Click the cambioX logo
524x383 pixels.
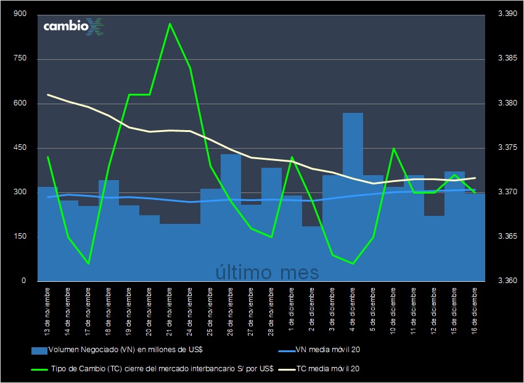coord(73,27)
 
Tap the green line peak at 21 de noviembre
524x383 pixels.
coord(170,24)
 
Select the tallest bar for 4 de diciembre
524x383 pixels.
coord(353,197)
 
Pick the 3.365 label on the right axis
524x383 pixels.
coord(507,237)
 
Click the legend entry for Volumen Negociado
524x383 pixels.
coord(117,350)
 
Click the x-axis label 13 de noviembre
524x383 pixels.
coord(47,311)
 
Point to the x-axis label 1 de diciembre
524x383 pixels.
coord(292,308)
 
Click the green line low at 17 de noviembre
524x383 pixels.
coord(89,263)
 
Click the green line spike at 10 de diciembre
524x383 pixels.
coord(393,149)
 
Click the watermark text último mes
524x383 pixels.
coord(267,272)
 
